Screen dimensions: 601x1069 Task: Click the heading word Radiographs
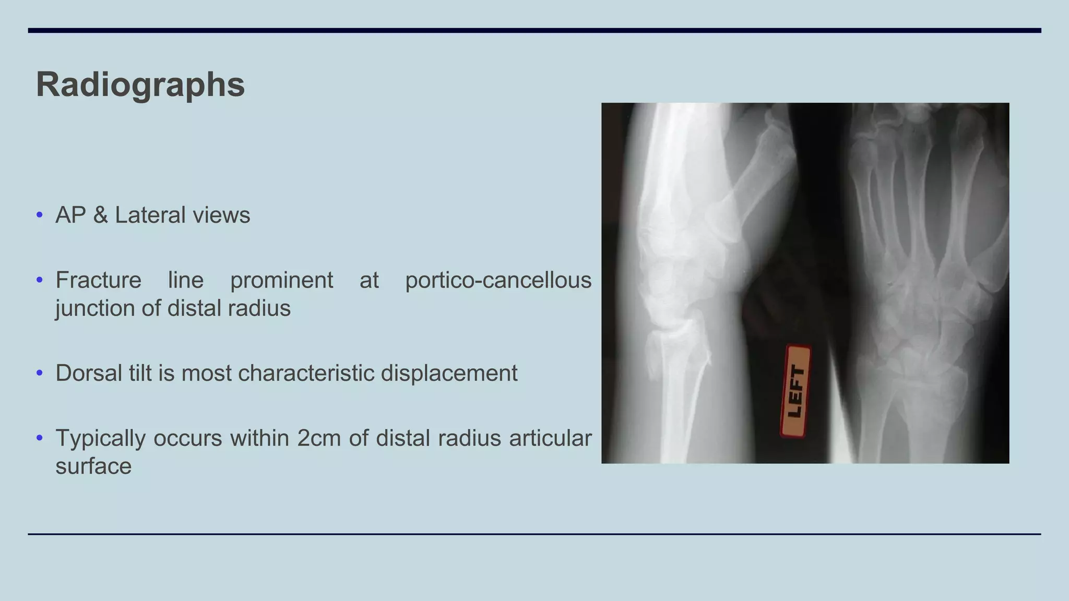click(140, 85)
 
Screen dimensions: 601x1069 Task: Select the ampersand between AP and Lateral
click(100, 215)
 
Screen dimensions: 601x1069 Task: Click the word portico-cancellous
click(498, 280)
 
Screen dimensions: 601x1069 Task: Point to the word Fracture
click(98, 280)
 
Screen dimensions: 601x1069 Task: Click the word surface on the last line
click(93, 466)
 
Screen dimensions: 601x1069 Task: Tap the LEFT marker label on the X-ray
click(795, 391)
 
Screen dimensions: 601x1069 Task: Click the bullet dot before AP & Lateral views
click(40, 215)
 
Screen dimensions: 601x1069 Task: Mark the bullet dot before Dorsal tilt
click(40, 373)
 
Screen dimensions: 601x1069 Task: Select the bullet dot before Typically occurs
click(40, 438)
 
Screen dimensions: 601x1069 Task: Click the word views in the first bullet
click(221, 215)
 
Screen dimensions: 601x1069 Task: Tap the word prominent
click(281, 280)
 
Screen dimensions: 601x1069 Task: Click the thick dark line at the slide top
click(534, 31)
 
